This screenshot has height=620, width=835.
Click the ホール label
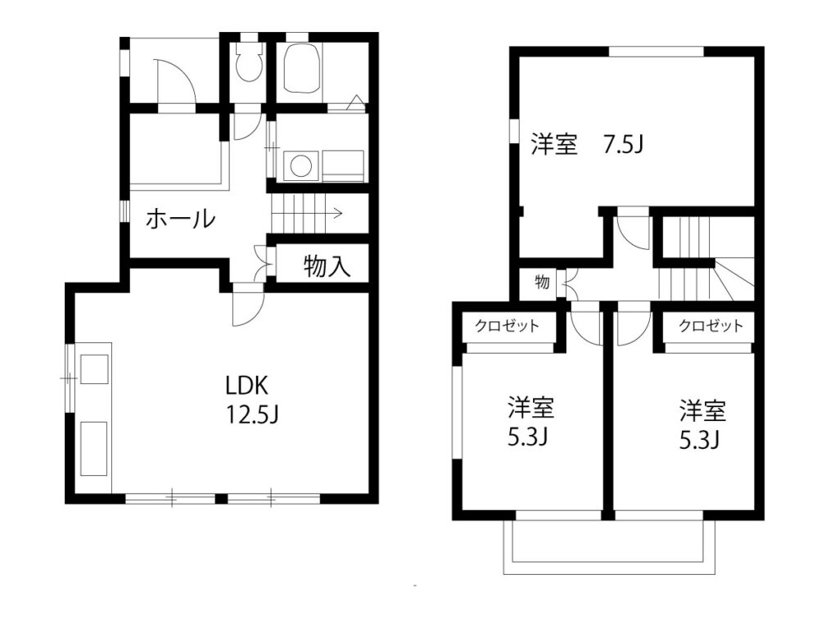pyautogui.click(x=180, y=219)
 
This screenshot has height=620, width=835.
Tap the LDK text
pyautogui.click(x=246, y=385)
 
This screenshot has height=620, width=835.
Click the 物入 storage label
pyautogui.click(x=327, y=266)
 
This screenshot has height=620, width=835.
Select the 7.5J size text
pyautogui.click(x=623, y=144)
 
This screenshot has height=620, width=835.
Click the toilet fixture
pyautogui.click(x=249, y=61)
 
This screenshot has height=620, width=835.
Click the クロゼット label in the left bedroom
pyautogui.click(x=507, y=325)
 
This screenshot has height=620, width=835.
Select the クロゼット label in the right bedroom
pyautogui.click(x=711, y=325)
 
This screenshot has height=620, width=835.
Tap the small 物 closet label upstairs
pyautogui.click(x=542, y=281)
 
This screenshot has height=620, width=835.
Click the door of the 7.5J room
pyautogui.click(x=633, y=233)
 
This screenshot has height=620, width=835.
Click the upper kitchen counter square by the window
pyautogui.click(x=93, y=369)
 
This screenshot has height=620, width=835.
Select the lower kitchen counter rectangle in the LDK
pyautogui.click(x=93, y=449)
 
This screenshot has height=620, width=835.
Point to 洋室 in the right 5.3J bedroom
pyautogui.click(x=702, y=410)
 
